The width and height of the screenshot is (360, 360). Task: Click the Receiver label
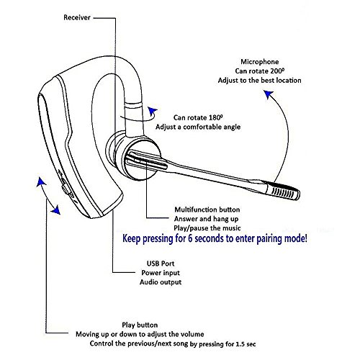coord(77,17)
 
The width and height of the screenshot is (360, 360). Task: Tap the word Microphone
coord(260,62)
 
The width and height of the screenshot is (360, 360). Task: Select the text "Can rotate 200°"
coord(260,71)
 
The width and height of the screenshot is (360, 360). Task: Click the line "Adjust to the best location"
coord(259,81)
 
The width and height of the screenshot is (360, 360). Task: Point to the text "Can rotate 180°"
coord(198,117)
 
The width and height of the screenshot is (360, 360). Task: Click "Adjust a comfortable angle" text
coord(198,127)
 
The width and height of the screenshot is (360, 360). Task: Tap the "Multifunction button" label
coord(207,210)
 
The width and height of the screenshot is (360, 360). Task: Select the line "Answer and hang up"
coord(207,219)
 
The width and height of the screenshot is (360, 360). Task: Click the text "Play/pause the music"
coord(207,228)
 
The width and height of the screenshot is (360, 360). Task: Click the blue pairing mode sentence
coord(215,239)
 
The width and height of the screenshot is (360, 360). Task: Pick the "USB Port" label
coord(161,264)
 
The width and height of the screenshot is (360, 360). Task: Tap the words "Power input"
coord(161,273)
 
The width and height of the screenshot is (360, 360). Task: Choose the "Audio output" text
coord(161,282)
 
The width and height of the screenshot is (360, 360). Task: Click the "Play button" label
coord(140,325)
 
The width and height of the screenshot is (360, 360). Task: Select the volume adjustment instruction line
coord(140,334)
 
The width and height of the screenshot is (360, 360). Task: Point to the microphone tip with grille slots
coord(283,191)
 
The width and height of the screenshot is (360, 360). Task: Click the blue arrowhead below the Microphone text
coord(269,94)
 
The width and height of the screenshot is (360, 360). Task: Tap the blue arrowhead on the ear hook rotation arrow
coord(153,112)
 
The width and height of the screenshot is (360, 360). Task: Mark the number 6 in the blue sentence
coord(190,238)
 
